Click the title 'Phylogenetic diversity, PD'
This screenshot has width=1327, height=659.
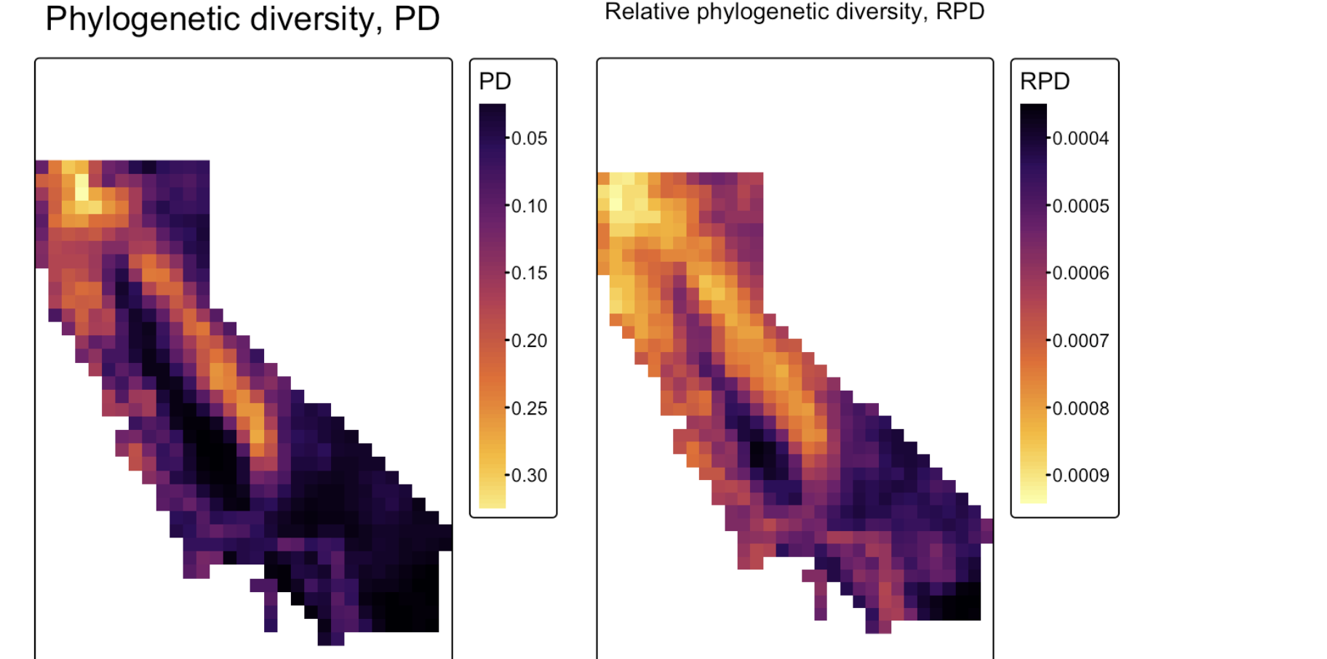point(242,19)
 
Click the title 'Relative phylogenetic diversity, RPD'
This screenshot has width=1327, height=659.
point(794,12)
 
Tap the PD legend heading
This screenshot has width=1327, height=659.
point(495,81)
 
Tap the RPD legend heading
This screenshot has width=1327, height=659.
point(1045,81)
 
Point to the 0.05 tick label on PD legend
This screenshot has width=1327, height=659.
point(529,138)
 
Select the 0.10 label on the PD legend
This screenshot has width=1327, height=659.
point(529,206)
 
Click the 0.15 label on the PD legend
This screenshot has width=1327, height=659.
point(529,273)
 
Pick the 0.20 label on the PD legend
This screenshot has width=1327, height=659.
point(529,340)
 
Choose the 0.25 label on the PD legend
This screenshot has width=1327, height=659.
point(529,408)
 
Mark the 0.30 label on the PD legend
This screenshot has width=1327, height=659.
point(529,475)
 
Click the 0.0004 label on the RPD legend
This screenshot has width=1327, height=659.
point(1080,138)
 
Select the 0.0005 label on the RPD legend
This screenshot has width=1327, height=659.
point(1080,206)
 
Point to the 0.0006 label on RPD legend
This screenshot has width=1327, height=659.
point(1080,273)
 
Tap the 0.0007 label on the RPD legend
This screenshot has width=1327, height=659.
point(1080,340)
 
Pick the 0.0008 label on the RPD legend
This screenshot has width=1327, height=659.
point(1080,408)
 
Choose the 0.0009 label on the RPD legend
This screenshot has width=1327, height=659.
point(1080,475)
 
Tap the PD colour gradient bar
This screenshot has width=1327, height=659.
point(493,305)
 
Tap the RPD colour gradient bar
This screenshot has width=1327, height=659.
point(1033,303)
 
